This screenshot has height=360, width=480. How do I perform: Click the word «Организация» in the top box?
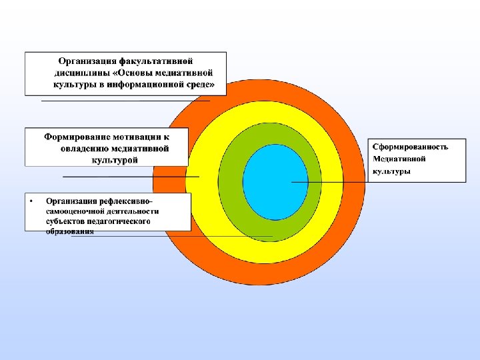pyautogui.click(x=84, y=61)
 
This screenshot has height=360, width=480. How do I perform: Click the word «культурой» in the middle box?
pyautogui.click(x=114, y=159)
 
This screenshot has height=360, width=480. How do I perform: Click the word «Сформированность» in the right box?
pyautogui.click(x=409, y=147)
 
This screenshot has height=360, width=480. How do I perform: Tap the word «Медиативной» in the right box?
pyautogui.click(x=399, y=159)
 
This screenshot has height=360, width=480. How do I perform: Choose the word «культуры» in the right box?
pyautogui.click(x=391, y=171)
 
